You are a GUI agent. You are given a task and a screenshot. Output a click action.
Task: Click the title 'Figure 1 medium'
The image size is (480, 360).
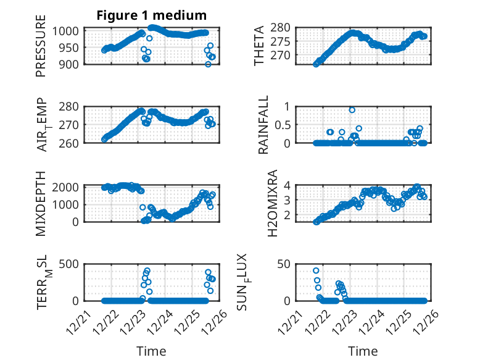[x=151, y=15]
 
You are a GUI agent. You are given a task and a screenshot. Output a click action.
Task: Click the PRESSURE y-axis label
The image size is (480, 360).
[x=41, y=50]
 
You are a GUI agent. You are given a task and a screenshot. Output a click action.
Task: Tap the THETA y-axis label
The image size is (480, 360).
[x=259, y=46]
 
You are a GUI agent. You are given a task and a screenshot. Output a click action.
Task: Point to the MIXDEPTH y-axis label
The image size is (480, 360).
[x=41, y=203]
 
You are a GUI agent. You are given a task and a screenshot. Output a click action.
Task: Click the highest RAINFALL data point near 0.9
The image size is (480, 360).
[x=352, y=110]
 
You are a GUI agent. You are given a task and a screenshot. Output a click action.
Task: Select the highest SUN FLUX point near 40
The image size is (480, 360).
[x=316, y=270]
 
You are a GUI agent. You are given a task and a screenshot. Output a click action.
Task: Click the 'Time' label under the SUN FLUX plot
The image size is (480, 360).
[x=363, y=351]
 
